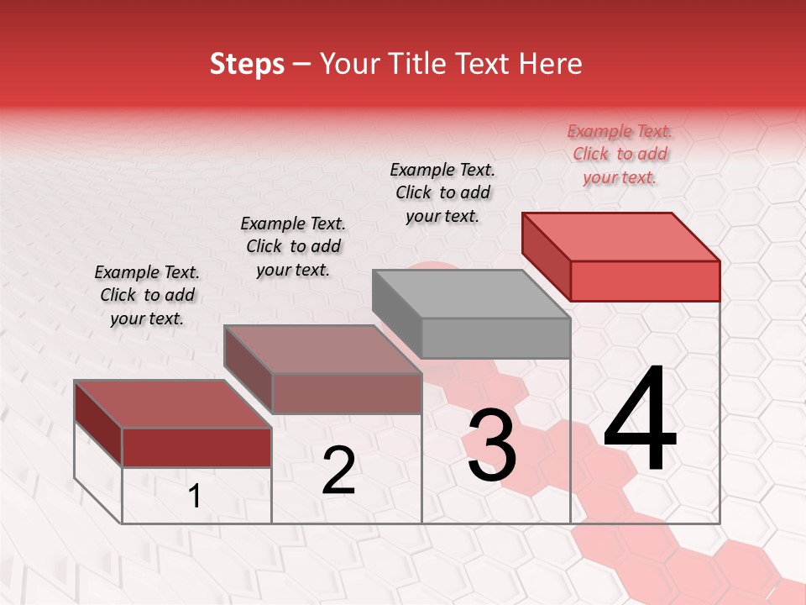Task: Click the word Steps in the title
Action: (247, 64)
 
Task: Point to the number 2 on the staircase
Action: (338, 471)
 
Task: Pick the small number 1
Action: (195, 497)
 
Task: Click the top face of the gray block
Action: (470, 294)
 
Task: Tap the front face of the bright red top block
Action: (645, 280)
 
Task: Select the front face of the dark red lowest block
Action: (196, 447)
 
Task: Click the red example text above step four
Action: (620, 154)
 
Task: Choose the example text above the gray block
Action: (442, 192)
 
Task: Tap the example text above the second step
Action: (293, 246)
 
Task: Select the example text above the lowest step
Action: (147, 295)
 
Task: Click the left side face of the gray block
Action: (397, 313)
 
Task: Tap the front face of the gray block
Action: (495, 338)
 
